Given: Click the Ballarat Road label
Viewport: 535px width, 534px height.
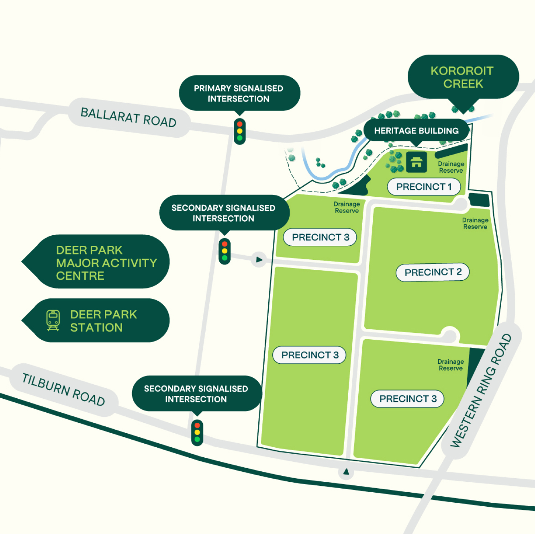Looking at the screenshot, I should pos(129,117).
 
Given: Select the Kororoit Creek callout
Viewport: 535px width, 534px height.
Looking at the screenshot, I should pos(462,77).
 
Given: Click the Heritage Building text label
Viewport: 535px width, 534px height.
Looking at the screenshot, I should pos(416,131).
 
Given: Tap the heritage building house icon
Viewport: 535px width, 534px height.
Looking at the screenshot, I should pos(417,162).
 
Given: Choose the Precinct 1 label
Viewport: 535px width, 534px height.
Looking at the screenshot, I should pos(424,187).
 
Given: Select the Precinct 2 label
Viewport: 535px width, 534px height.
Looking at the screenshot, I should pos(433,273).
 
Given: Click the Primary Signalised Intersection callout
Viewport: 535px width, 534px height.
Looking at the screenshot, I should pos(239,94).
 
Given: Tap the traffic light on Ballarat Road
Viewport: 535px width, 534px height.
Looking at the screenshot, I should pos(240,131).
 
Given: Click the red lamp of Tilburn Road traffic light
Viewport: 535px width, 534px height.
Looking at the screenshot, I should pos(197,426).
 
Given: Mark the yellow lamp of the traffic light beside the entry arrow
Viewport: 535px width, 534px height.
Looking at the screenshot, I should pos(225,251).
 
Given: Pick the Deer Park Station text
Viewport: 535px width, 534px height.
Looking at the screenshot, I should pos(104,321).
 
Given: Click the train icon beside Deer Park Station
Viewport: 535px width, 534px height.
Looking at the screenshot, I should pos(53,320).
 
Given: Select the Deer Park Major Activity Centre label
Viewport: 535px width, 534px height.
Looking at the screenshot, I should pos(106,263).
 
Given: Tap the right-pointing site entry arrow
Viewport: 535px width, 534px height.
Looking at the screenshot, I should pos(259,260).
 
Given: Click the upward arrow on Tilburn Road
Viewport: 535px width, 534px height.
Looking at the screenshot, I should pos(346,472).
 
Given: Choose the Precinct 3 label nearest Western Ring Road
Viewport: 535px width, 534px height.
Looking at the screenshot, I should pos(407,399).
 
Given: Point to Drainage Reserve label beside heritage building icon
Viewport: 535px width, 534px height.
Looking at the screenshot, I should pos(451,167).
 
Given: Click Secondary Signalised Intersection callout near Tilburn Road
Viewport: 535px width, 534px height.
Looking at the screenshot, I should pos(196,394).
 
